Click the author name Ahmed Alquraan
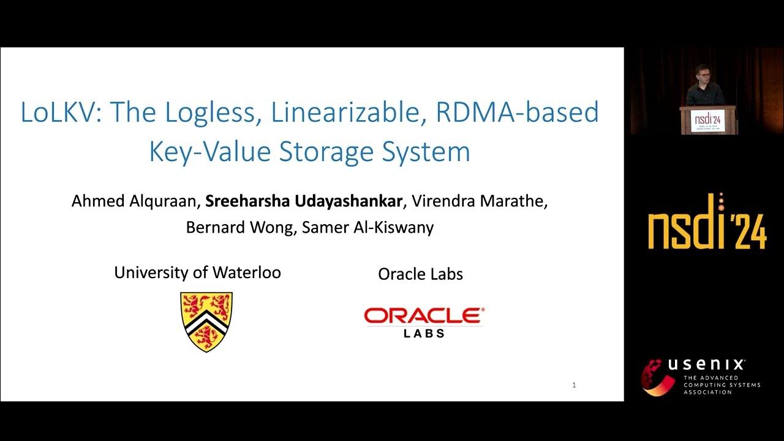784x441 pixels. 135,201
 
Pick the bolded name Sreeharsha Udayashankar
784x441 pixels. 304,201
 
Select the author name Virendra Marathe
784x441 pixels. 479,201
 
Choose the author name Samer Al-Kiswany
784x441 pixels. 362,227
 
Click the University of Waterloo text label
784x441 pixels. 197,273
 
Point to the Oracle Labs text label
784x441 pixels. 420,274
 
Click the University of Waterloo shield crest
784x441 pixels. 206,322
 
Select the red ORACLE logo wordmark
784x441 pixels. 424,316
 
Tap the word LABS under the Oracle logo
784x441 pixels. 424,334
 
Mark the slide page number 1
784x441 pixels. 574,385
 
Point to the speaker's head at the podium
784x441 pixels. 701,73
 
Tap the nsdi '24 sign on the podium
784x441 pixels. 707,120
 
